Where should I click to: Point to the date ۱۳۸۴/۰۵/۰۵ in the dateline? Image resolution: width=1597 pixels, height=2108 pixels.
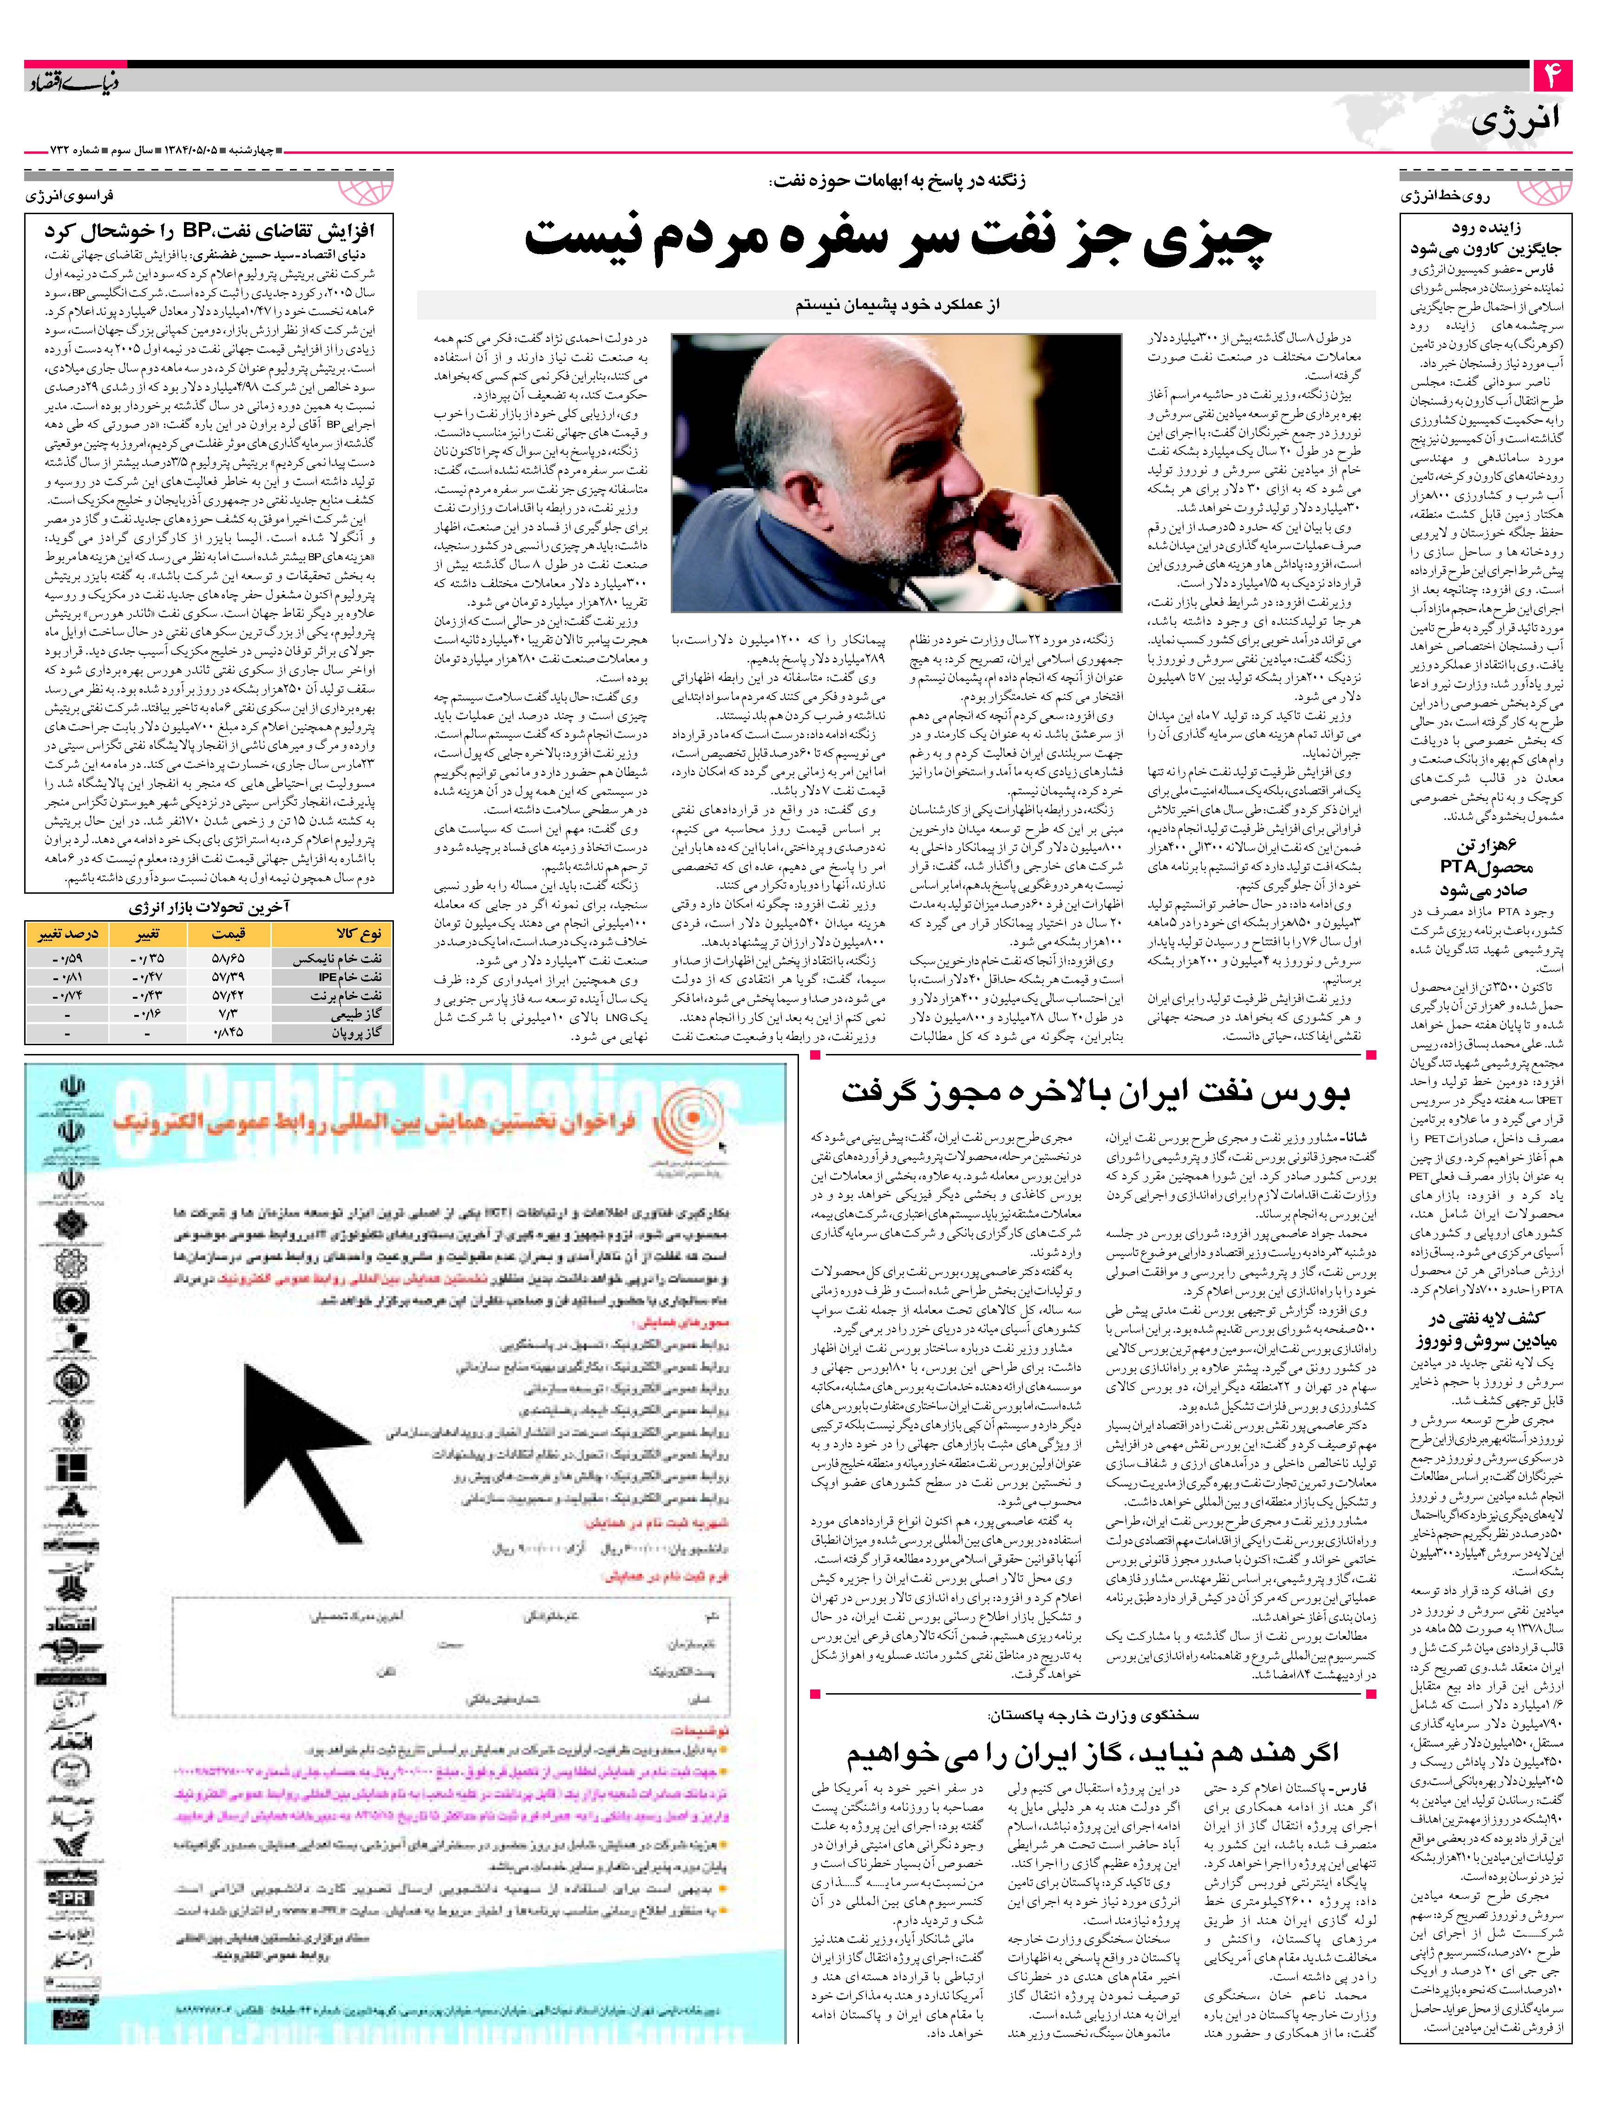pyautogui.click(x=190, y=151)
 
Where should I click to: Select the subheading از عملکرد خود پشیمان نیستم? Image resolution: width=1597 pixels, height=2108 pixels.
pyautogui.click(x=896, y=305)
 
